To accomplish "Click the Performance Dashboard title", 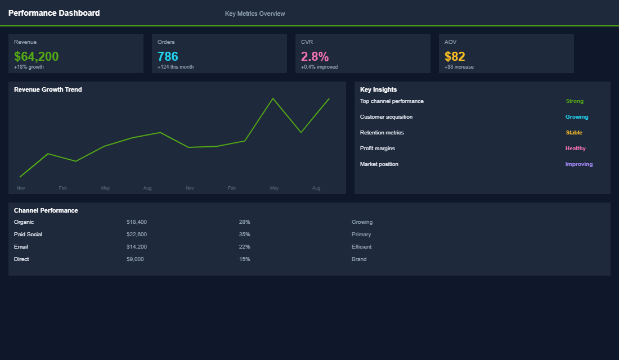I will (54, 13).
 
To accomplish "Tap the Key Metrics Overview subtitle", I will (255, 13).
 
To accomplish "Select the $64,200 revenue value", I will (36, 56).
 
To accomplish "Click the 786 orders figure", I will (168, 56).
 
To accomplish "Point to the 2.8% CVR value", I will (315, 56).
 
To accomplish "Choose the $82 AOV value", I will (455, 56).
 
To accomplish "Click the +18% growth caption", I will (29, 67).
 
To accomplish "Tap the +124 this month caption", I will (175, 67).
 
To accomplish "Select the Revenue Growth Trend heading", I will (48, 89).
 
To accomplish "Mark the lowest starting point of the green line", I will (20, 177).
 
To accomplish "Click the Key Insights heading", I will (378, 89).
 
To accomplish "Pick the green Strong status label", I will (575, 101).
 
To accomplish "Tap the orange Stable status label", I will (574, 133).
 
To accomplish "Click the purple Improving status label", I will (579, 164).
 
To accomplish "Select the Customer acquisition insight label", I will (386, 117).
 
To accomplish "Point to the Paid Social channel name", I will (28, 235).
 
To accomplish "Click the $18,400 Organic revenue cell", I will (137, 222).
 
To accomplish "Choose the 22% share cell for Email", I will (244, 247).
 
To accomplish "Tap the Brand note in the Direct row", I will (359, 259).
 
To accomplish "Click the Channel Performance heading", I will (46, 210).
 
